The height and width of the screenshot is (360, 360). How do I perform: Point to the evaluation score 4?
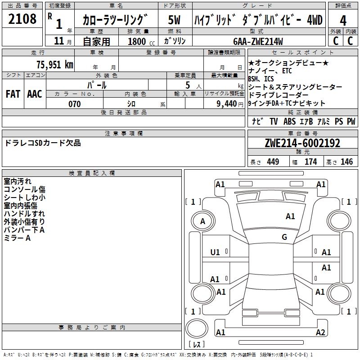343,20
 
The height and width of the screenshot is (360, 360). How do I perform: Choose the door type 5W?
175,20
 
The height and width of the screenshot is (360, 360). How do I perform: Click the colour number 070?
74,104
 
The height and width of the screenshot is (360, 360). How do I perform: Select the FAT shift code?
13,94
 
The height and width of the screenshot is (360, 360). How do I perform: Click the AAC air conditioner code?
35,94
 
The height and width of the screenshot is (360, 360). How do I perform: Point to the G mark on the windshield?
284,237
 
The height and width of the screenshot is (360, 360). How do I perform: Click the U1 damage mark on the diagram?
216,252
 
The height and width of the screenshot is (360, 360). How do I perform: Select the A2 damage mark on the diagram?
320,333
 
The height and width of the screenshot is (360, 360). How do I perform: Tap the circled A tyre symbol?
202,221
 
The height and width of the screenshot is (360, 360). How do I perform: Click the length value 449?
273,162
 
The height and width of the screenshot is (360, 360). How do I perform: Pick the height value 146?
346,162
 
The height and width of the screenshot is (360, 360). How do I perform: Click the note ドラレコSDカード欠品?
43,143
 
